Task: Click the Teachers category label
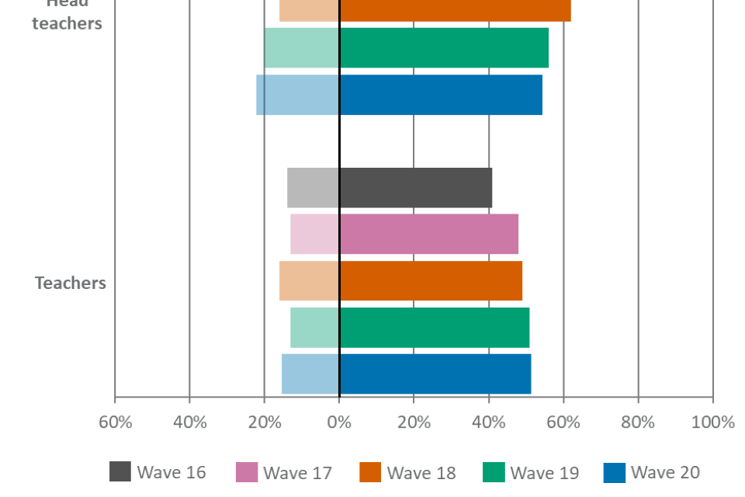[70, 283]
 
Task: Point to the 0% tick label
[339, 422]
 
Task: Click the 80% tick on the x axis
[638, 422]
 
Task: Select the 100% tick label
[712, 422]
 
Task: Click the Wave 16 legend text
[172, 472]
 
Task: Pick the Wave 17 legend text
[297, 472]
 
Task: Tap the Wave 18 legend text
[421, 472]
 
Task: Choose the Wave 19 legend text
[544, 472]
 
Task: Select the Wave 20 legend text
[665, 472]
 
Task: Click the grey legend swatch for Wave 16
[120, 472]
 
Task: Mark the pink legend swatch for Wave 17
[246, 472]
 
